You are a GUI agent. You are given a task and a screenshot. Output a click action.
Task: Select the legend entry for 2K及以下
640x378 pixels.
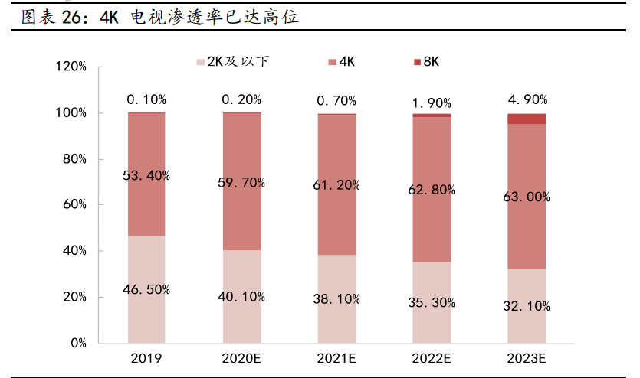pos(233,61)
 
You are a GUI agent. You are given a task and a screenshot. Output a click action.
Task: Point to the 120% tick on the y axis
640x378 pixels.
pos(71,67)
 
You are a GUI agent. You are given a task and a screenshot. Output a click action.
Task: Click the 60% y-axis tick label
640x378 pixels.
pos(74,205)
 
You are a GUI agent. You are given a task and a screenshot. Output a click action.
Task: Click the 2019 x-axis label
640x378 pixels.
pos(146,358)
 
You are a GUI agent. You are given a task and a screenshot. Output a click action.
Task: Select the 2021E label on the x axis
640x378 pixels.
pos(336,358)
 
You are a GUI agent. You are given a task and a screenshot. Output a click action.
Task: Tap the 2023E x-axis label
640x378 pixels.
pos(527,358)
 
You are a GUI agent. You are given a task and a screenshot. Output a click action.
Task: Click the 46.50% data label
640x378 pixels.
pos(146,289)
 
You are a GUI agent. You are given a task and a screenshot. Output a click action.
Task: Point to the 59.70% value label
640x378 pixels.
pos(241,182)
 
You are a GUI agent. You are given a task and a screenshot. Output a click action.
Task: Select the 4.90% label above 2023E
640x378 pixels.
pos(527,99)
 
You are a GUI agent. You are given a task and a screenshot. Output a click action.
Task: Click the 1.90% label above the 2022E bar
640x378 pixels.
pos(432,103)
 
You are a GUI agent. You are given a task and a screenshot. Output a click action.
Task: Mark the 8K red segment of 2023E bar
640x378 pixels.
pos(527,119)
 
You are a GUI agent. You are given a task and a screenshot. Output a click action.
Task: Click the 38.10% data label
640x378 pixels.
pos(336,299)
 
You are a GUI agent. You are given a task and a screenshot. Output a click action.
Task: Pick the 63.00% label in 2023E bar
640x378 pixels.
pos(527,197)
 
